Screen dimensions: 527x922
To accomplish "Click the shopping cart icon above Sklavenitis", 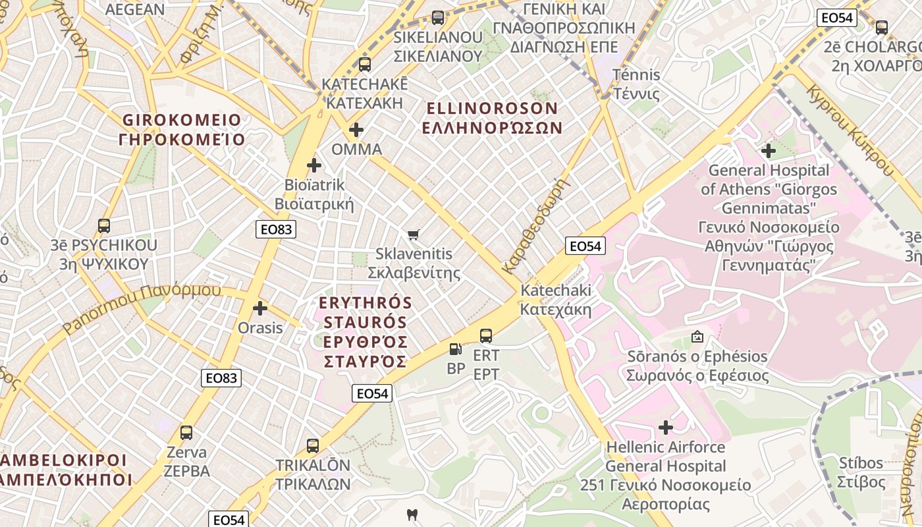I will click(414, 235).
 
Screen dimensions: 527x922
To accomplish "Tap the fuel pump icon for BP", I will click(455, 349).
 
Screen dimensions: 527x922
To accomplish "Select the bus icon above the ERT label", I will click(486, 336).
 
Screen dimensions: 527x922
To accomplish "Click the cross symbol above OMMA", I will click(356, 130).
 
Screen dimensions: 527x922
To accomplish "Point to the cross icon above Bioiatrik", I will click(314, 165).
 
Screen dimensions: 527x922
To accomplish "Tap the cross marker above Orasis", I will click(260, 308).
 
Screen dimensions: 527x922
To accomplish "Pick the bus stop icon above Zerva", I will click(186, 433).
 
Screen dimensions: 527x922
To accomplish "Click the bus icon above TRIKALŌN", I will click(313, 445).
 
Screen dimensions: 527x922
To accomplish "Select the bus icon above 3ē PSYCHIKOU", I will click(104, 226).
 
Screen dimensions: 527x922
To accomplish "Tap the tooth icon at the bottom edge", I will click(412, 514).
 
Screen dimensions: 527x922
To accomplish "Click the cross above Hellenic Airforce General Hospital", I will click(666, 428).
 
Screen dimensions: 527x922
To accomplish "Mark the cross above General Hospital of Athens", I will click(768, 151).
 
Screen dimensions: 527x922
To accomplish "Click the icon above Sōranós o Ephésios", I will click(697, 337).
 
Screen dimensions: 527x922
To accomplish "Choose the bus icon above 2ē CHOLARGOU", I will click(881, 28).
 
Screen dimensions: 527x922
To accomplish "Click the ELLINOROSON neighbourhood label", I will click(492, 118).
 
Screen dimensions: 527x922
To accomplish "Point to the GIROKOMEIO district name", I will click(182, 130).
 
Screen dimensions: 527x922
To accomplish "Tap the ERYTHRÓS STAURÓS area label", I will click(364, 332).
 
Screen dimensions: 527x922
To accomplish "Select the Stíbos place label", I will click(861, 472).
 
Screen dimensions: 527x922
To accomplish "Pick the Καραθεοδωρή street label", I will click(534, 225).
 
